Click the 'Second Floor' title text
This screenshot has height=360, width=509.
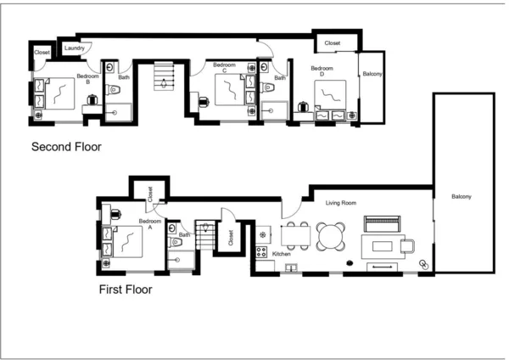(66, 147)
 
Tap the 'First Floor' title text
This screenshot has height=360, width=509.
(128, 289)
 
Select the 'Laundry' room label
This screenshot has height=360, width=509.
(75, 49)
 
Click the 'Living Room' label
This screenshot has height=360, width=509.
(342, 203)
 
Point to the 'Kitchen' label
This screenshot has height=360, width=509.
(282, 253)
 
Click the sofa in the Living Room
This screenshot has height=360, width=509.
(382, 224)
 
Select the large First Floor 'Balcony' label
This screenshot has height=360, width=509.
(461, 198)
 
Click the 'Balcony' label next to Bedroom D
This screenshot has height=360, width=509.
(372, 74)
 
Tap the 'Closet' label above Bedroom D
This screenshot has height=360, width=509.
(332, 42)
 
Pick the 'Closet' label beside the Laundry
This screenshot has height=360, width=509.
(42, 53)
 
